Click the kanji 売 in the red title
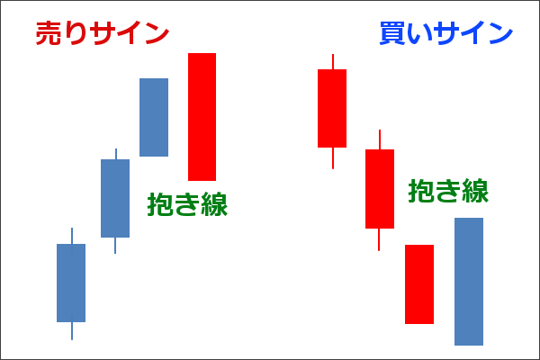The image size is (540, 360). coord(49,32)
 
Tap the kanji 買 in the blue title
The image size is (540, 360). coord(392,32)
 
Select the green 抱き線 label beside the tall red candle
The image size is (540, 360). coord(187,204)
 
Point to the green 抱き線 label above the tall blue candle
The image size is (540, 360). coord(448,191)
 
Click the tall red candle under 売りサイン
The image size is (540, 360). coord(202,117)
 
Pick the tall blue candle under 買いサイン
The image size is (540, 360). coord(469,282)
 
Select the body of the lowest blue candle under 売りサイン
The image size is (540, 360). coord(71,283)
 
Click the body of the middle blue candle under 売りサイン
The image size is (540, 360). coord(115,198)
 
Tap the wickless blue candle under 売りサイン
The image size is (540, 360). coord(154,117)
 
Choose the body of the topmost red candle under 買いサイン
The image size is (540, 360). coord(332,108)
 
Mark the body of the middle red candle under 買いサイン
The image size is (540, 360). coord(380,189)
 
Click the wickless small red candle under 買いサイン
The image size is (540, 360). coord(419,284)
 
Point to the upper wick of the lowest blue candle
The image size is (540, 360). coord(72,236)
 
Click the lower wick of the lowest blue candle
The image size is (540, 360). coord(72,331)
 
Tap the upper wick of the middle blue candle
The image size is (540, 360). coord(116,154)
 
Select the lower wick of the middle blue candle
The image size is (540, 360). coord(115,246)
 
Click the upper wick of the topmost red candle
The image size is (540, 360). coord(333,61)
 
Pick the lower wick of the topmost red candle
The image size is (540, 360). coord(333,158)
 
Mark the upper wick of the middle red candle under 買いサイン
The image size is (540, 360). coord(380,139)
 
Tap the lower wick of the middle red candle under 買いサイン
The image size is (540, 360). coord(379,239)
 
